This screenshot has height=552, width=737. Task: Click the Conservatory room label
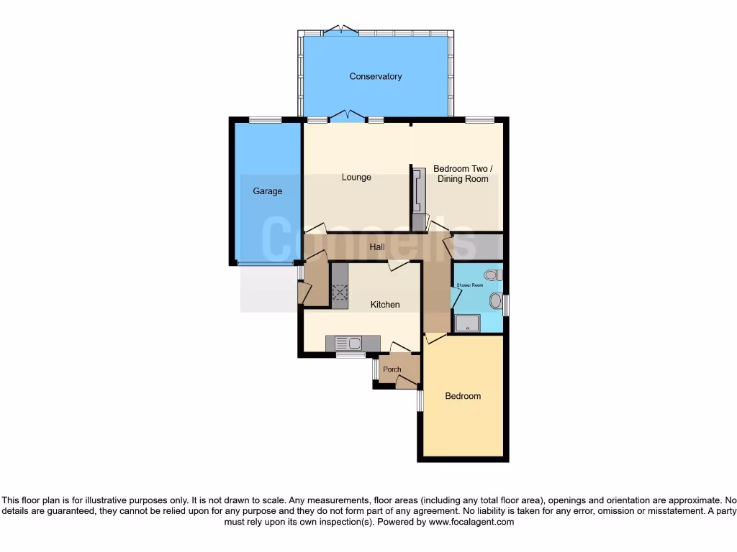coord(375,76)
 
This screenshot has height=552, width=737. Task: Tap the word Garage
coord(267,191)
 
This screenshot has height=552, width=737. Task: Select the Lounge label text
coord(356,177)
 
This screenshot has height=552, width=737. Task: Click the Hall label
coord(377,247)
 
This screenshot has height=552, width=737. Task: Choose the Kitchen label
coord(385,305)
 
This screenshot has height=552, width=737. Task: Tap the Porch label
coord(392,369)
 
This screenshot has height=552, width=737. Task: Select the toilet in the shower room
coord(493,275)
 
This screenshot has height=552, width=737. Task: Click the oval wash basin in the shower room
coord(495,301)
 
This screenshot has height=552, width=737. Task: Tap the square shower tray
coord(467,324)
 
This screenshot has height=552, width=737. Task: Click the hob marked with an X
coord(340,292)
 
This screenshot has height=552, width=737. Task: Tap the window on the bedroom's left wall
coord(420,400)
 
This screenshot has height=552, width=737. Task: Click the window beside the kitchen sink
coord(351,354)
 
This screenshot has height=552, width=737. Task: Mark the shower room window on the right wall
coord(506,305)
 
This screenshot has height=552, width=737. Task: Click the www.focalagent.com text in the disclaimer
coord(471,522)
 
